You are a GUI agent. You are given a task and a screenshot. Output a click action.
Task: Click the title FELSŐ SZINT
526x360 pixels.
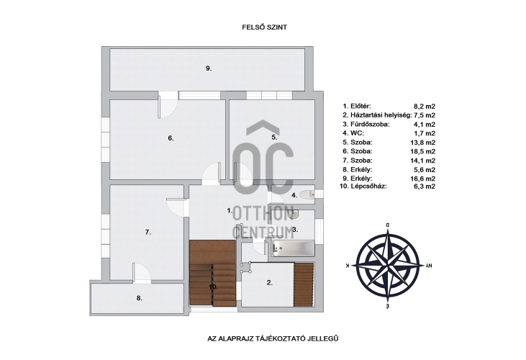point(264,27)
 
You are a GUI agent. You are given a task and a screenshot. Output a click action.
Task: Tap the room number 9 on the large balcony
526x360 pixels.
point(209,68)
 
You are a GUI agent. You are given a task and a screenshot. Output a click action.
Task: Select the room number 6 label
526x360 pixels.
point(171,138)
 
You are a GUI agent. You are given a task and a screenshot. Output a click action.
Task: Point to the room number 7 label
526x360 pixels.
point(148,232)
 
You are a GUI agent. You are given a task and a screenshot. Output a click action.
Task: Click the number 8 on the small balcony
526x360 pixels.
point(140,297)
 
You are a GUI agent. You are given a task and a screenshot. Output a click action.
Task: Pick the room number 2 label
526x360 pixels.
point(269,283)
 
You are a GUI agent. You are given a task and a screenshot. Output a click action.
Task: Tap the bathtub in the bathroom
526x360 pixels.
point(294,248)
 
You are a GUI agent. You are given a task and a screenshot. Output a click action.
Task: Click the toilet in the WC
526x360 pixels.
point(307,194)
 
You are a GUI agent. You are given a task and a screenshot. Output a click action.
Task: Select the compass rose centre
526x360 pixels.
point(388,265)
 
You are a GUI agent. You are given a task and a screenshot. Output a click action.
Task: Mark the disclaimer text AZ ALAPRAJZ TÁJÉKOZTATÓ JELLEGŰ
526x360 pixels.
point(273,338)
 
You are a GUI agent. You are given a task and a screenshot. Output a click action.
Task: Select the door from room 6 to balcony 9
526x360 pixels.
point(168,105)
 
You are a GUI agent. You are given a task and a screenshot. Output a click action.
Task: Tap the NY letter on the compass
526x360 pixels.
point(428,266)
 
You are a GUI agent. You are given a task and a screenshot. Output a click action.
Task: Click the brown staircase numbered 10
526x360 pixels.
point(213,273)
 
